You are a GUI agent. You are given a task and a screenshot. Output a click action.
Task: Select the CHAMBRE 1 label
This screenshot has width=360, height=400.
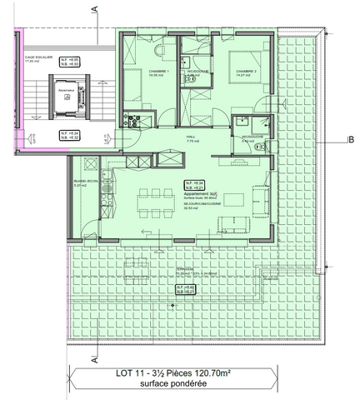point(158,71)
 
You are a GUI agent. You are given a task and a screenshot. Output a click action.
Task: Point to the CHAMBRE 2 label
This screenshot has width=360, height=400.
point(246,72)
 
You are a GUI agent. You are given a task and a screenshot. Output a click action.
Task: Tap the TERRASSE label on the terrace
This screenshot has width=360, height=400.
point(184,268)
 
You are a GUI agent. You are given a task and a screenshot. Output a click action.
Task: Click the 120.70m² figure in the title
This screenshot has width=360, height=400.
point(232,376)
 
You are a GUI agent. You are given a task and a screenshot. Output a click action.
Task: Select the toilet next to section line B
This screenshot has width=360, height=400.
point(260,147)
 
